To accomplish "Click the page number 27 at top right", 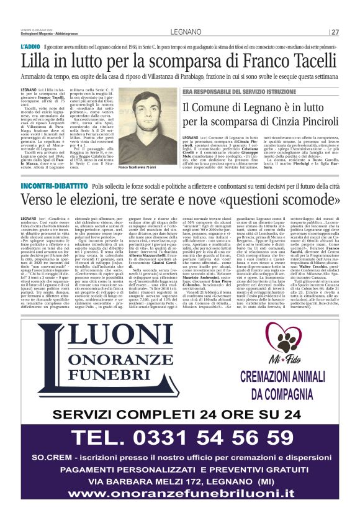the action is tap(335, 32).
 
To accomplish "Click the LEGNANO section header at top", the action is tap(180, 32).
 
